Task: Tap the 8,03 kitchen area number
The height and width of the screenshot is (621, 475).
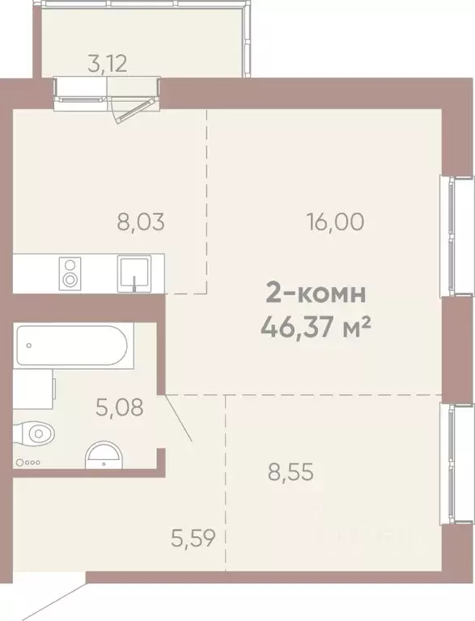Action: coord(141,222)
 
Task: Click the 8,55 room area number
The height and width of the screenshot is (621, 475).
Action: coord(290,471)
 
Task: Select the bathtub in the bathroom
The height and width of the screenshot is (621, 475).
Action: coord(71,345)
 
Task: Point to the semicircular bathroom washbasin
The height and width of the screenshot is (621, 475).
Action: coord(104,454)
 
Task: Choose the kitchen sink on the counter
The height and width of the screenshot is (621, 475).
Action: coord(133,272)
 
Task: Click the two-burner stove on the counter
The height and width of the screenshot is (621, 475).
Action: coord(71,272)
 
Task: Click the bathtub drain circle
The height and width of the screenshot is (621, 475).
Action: coord(29,344)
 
